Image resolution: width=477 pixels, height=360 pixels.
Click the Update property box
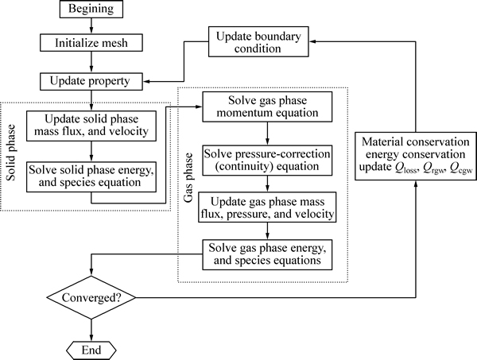tap(95, 81)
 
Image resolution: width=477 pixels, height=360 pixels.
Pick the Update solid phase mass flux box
tap(95, 126)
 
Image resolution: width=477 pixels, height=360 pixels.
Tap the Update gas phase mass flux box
tap(266, 208)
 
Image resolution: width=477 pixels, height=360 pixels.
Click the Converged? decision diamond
tap(95, 300)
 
